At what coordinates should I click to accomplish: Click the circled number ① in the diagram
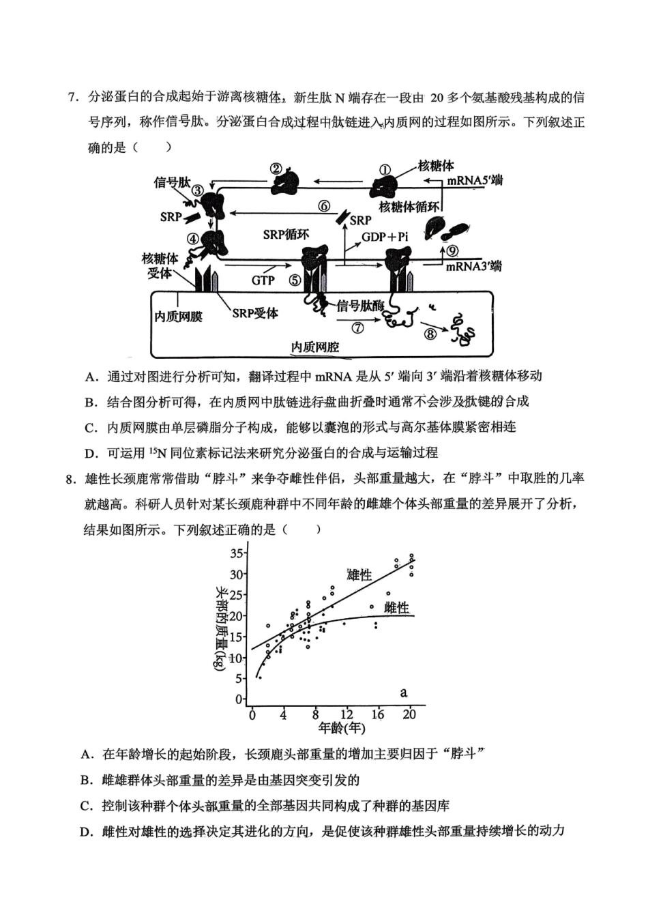coord(385,169)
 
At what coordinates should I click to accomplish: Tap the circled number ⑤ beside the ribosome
coord(294,280)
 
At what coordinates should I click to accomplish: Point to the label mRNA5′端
coord(475,181)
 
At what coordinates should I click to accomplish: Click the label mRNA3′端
coord(473,266)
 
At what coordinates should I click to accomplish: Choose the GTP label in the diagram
coord(263,280)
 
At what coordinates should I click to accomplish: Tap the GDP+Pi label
coord(385,237)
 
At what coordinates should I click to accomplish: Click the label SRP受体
coord(255,313)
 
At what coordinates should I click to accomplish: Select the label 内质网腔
coord(314,347)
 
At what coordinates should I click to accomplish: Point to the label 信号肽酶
coord(360,306)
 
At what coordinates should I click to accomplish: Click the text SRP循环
coord(286,234)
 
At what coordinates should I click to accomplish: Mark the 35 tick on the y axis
coord(237,553)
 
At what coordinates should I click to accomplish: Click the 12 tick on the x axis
coord(347,714)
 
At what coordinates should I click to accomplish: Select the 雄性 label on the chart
coord(359,575)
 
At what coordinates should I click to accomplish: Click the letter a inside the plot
coord(404,693)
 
